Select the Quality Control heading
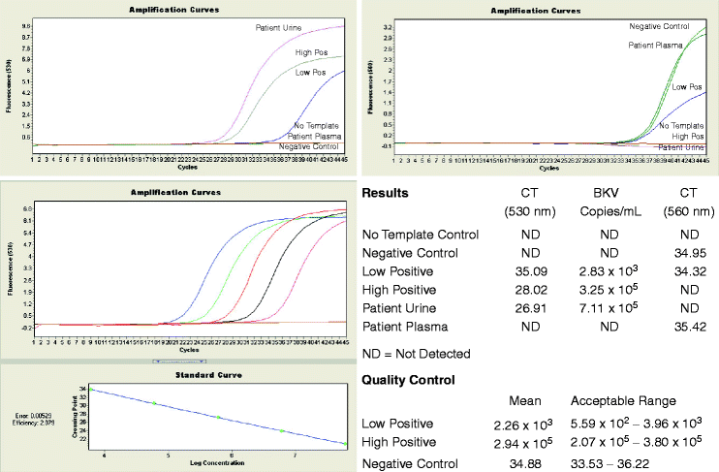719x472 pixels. [408, 381]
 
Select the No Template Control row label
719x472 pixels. [421, 235]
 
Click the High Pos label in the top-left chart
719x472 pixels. [310, 51]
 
